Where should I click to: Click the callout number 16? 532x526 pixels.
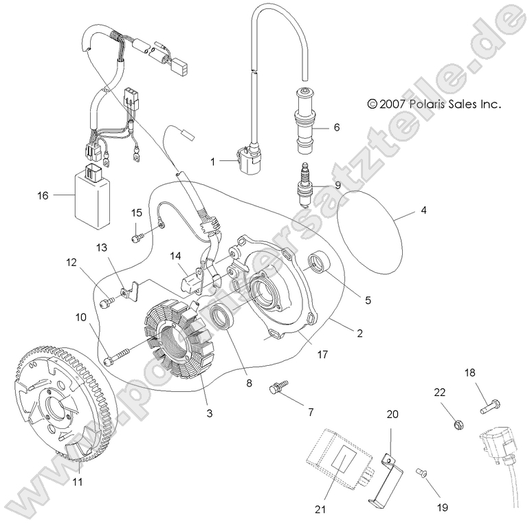click(43, 195)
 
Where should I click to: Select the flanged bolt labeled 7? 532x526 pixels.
click(279, 388)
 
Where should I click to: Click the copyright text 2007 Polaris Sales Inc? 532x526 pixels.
click(434, 105)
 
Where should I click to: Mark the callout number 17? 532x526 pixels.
click(322, 355)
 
